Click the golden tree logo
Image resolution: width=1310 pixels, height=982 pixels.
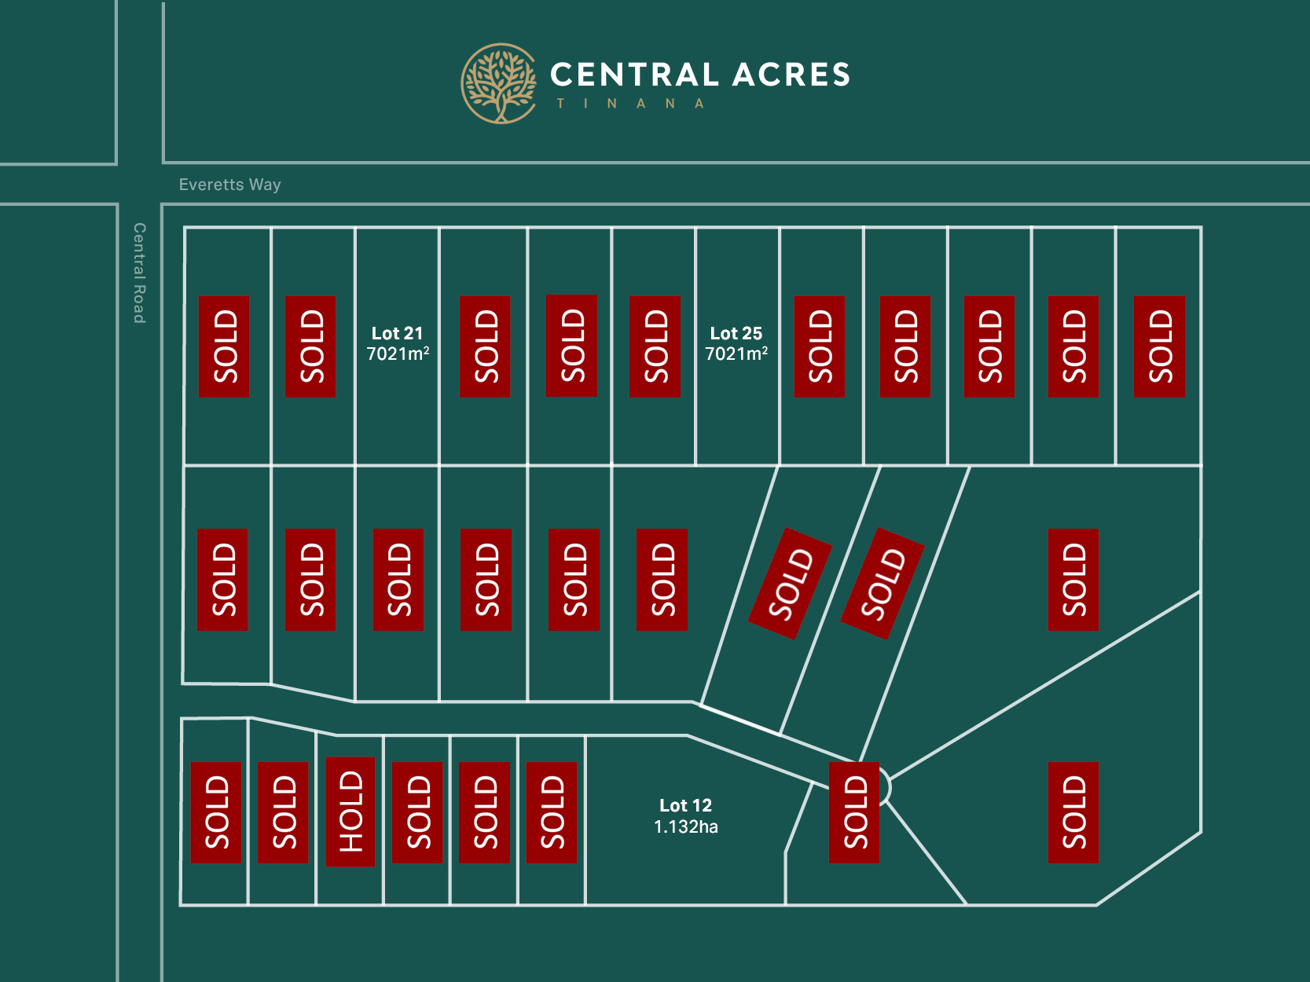coord(499,83)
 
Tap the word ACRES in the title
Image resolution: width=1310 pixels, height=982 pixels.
coord(791,75)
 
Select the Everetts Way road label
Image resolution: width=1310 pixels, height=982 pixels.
coord(229,185)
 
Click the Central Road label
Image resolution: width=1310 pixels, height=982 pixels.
coord(139,273)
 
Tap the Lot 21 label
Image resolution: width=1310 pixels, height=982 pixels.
coord(397,333)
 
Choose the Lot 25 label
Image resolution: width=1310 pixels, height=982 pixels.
coord(736,333)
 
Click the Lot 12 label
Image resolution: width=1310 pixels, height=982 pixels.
coord(685,805)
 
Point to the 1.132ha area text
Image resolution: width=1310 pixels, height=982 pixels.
coord(685,826)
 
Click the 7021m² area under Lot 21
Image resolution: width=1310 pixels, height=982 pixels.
coord(398,354)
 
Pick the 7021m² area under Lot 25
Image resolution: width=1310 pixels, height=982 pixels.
coord(736,354)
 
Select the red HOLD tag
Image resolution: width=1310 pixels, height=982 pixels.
coord(350,812)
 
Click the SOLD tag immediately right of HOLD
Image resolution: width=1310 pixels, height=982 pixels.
coord(417,812)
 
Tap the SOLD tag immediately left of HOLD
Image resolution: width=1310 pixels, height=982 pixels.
coord(283,812)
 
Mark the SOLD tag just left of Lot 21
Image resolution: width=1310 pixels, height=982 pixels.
coord(310,346)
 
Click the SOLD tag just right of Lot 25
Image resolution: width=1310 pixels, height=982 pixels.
coord(820,346)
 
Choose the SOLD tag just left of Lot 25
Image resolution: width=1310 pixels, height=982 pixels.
coord(655,346)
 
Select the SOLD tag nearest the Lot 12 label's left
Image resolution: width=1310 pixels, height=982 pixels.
coord(552,812)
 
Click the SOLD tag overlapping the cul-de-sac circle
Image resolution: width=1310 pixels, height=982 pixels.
coord(854,812)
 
